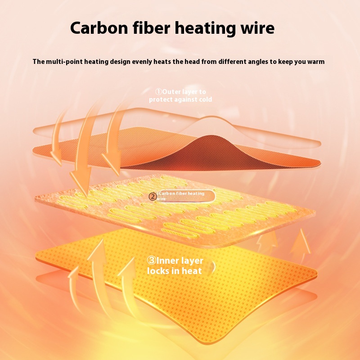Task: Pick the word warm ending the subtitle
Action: pyautogui.click(x=315, y=62)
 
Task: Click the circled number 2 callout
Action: pyautogui.click(x=153, y=196)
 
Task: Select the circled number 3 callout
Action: pyautogui.click(x=151, y=261)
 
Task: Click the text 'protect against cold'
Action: pyautogui.click(x=180, y=99)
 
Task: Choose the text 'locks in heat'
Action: pyautogui.click(x=175, y=271)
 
